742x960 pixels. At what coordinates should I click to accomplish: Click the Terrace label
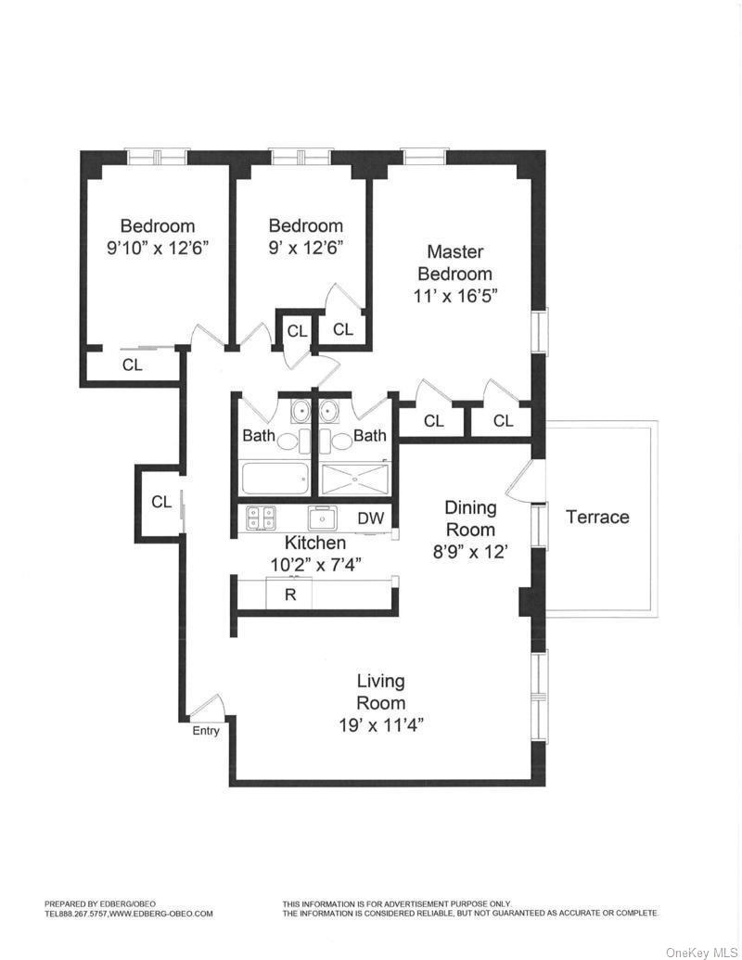point(597,518)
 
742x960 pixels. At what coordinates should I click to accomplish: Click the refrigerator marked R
point(289,595)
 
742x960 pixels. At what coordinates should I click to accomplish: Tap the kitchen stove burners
point(260,518)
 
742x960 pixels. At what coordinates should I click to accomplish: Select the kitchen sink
point(322,518)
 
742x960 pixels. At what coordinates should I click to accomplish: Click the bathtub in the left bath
point(275,480)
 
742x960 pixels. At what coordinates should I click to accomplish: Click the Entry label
point(206,731)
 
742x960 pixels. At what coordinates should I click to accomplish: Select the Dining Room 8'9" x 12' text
point(470,551)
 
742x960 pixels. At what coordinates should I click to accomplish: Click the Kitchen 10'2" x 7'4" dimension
point(315,563)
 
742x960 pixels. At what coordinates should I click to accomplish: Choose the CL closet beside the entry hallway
point(161,502)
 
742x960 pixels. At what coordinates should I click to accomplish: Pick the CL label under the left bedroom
point(133,365)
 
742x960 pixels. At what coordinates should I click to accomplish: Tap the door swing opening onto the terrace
point(521,482)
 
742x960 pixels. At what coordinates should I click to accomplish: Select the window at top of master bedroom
point(425,156)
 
